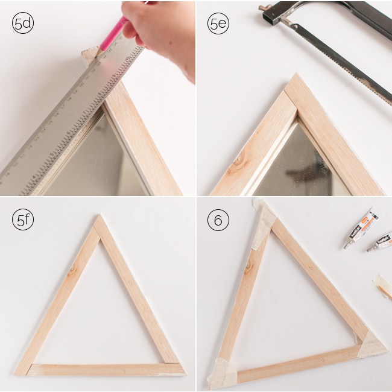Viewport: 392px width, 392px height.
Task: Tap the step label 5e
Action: [218, 24]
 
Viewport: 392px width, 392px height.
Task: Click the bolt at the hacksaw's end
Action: [264, 8]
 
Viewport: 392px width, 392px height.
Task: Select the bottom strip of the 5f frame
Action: [100, 369]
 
